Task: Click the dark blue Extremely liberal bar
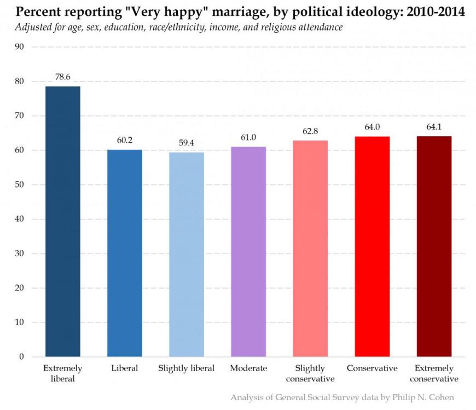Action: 63,221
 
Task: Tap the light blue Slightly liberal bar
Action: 187,255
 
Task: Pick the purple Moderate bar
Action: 248,252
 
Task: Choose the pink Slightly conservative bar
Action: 310,249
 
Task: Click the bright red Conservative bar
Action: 372,247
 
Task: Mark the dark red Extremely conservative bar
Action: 434,247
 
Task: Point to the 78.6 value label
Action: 63,77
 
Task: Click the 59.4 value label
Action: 187,143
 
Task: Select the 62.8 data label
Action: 310,131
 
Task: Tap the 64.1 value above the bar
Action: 434,127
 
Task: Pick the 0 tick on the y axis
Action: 21,357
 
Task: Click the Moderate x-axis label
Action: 248,368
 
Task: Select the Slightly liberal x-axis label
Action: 187,368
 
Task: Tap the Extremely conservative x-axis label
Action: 434,373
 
